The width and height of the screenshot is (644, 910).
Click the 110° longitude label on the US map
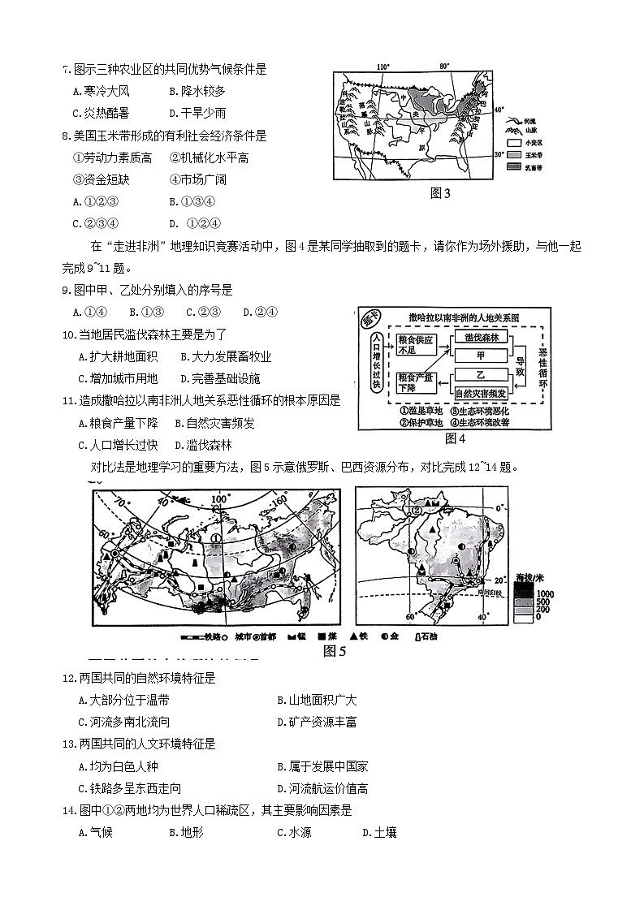tap(383, 66)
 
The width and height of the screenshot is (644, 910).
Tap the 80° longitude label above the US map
tap(444, 66)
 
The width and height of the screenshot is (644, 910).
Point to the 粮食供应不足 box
tap(417, 343)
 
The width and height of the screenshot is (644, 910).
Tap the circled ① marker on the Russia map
tap(216, 537)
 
